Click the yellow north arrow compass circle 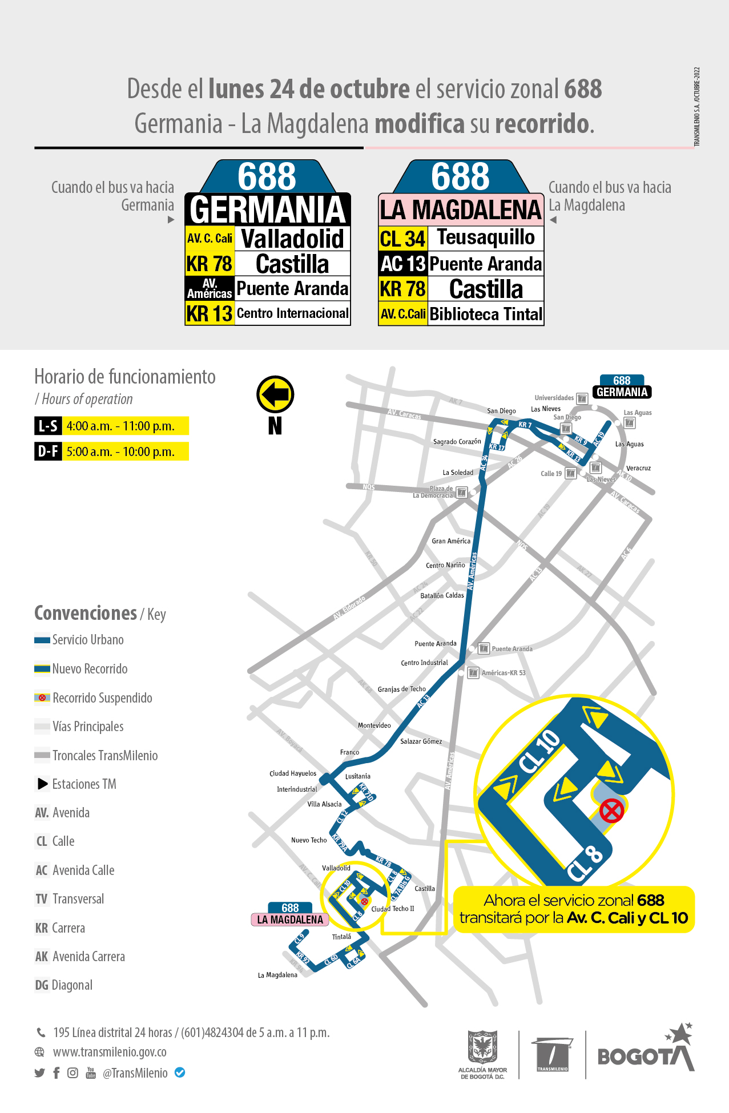[275, 394]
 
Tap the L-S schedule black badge [48, 426]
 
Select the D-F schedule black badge [48, 451]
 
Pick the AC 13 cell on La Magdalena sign [403, 264]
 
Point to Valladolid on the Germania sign [292, 239]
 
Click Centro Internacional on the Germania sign [292, 313]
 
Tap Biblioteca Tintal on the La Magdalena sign [486, 314]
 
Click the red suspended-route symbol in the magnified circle [611, 810]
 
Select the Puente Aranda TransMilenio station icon [484, 648]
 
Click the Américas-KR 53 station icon [473, 673]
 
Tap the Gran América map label [451, 541]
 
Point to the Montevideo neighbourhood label [374, 725]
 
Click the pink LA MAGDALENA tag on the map [290, 920]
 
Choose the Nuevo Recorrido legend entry [90, 669]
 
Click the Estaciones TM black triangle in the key [43, 784]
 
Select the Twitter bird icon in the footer [39, 1073]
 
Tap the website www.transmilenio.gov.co [110, 1052]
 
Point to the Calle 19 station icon [570, 473]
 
